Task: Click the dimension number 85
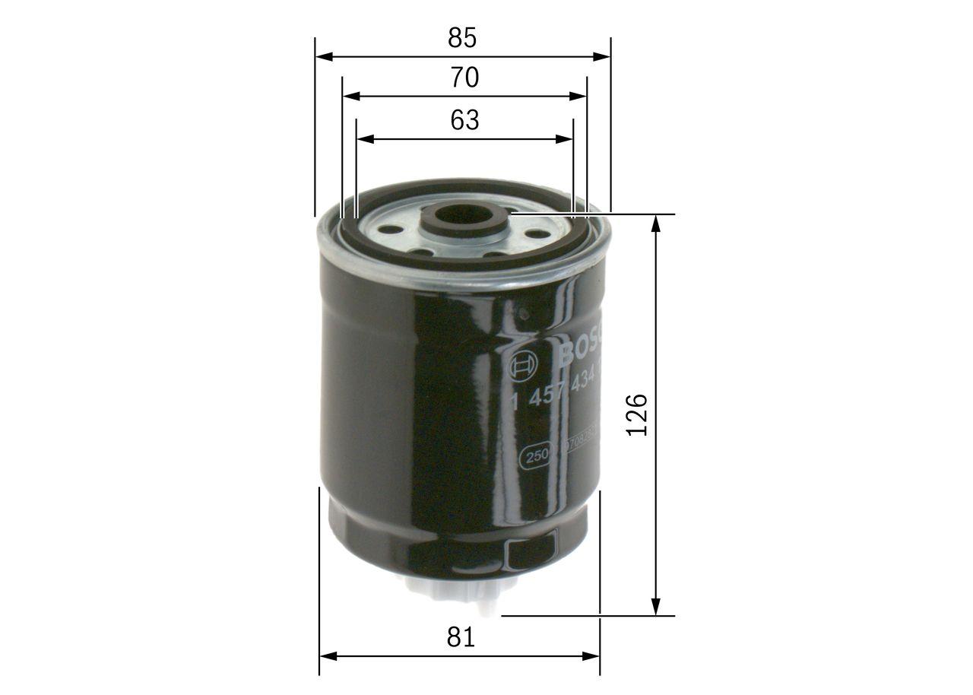(x=462, y=37)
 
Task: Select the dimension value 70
(x=464, y=78)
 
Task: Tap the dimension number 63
(x=464, y=120)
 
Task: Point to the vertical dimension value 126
(x=636, y=414)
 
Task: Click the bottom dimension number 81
(x=461, y=637)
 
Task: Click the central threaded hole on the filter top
(x=464, y=216)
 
